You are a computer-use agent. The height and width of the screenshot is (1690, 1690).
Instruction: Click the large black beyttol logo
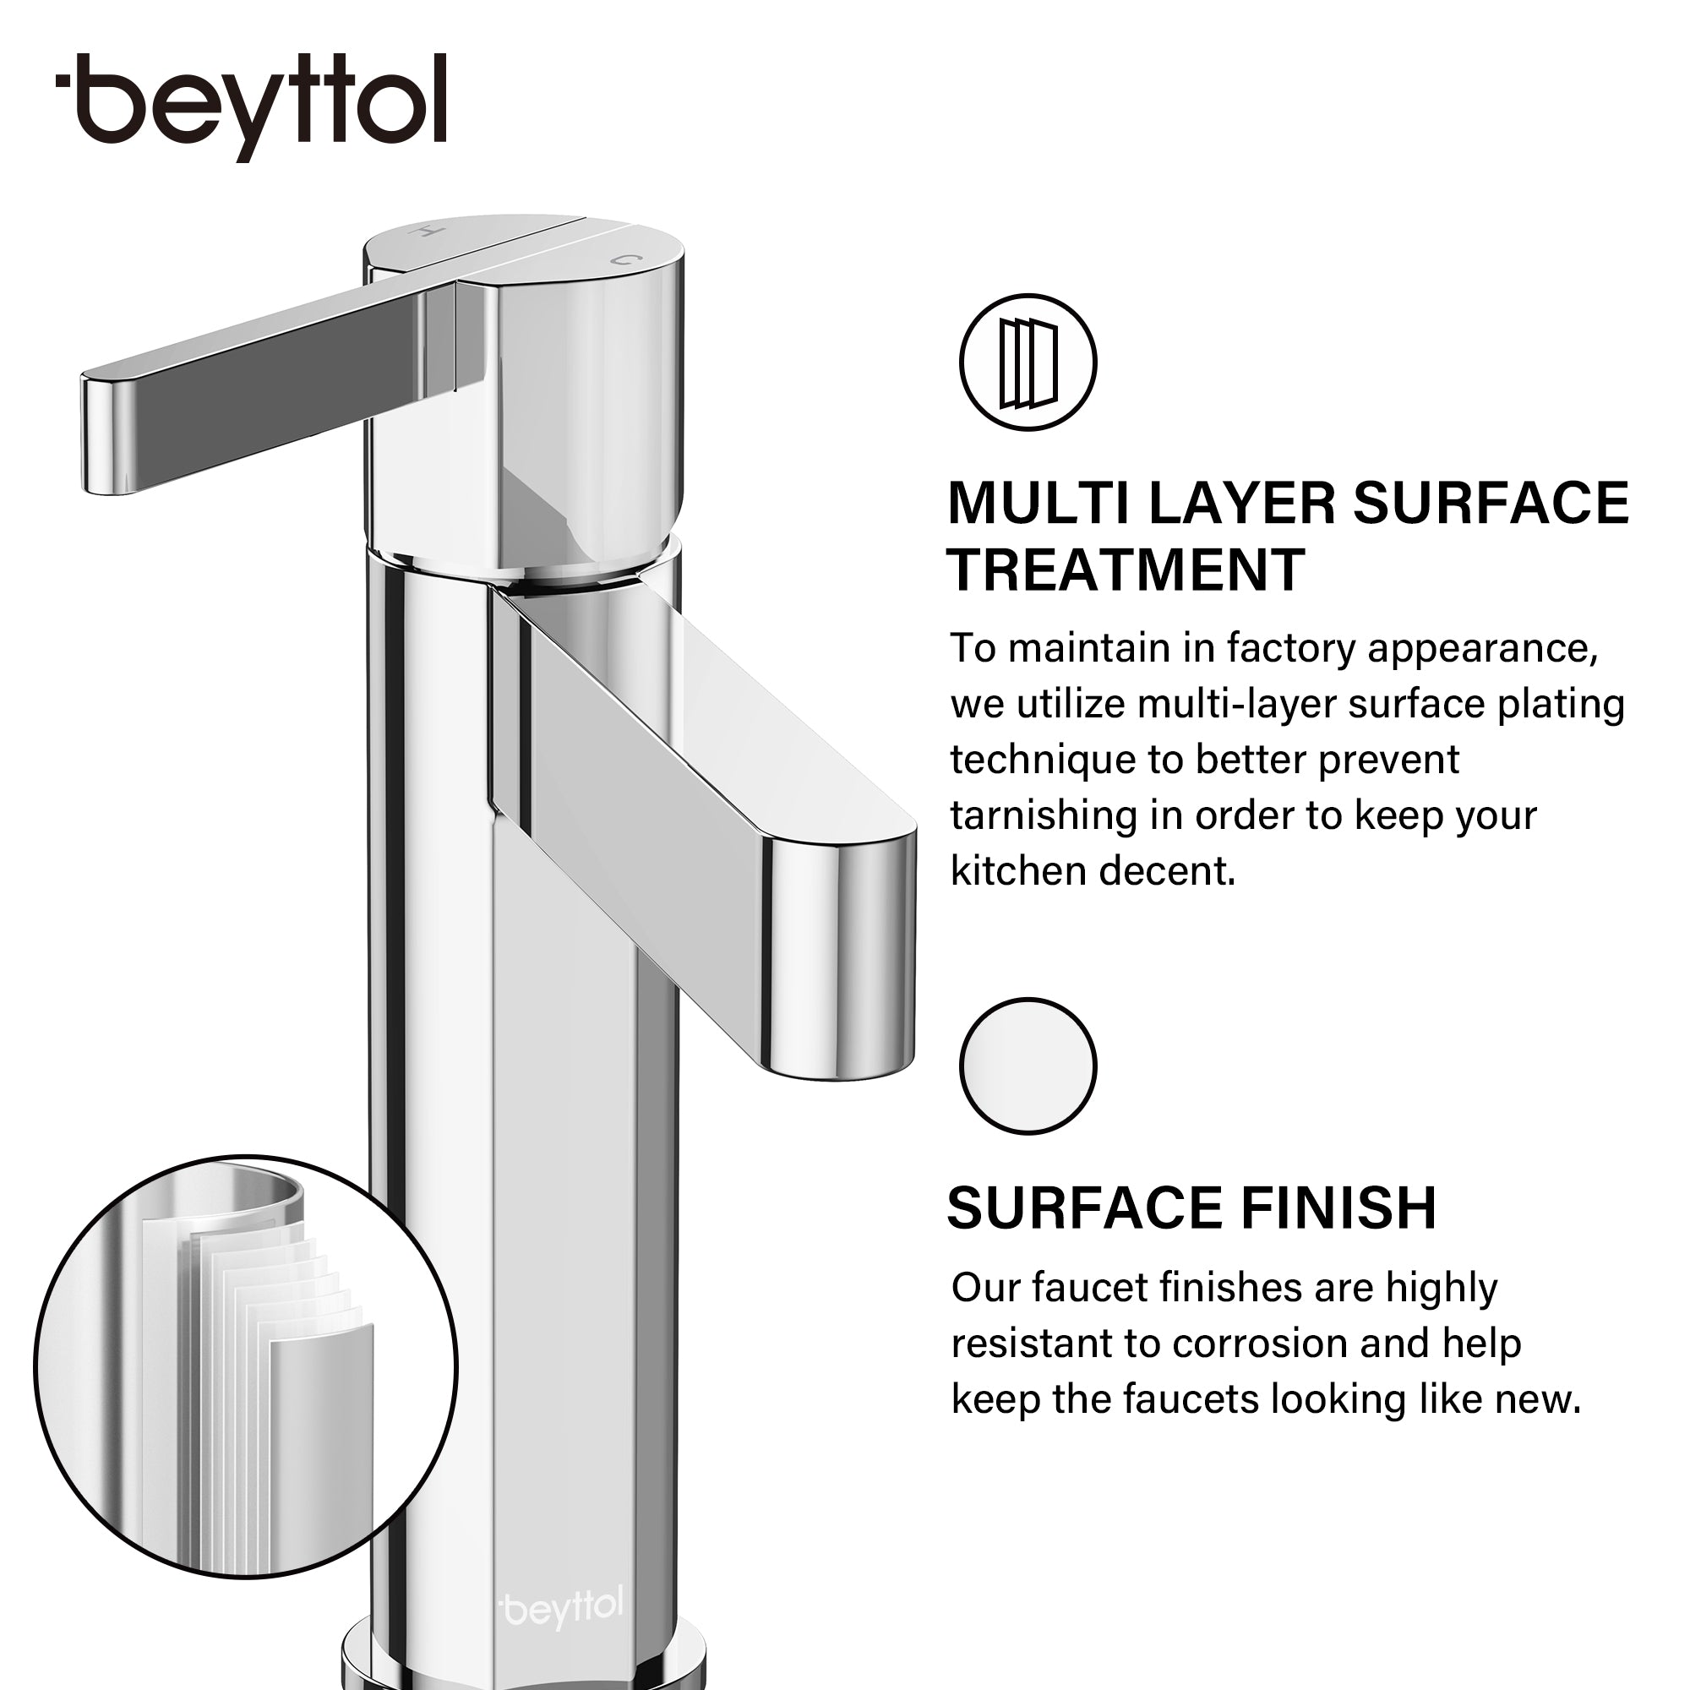[x=251, y=106]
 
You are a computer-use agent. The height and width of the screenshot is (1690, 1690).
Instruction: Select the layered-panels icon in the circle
[x=1028, y=363]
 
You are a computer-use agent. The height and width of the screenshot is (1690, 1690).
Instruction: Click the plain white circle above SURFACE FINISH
[x=1028, y=1066]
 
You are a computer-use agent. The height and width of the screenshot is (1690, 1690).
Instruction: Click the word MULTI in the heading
[x=1039, y=504]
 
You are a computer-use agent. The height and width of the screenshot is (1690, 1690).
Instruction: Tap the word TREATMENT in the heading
[x=1126, y=570]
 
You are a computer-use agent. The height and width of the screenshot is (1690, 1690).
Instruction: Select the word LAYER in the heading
[x=1242, y=504]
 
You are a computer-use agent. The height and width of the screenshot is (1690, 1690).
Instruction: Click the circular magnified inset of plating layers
[x=246, y=1366]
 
